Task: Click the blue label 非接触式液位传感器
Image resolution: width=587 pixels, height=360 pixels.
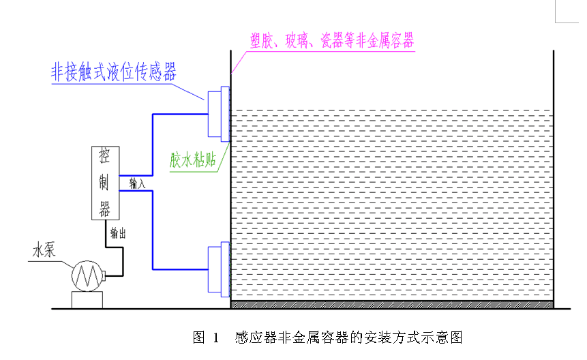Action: [114, 72]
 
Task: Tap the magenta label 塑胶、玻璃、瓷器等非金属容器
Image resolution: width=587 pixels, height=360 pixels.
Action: [331, 41]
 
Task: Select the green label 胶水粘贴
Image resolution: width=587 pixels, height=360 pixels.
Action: [193, 161]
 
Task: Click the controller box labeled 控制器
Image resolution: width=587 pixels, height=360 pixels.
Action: [105, 183]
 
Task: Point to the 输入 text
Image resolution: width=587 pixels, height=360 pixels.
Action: [137, 183]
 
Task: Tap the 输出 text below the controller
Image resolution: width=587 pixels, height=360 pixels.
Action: [118, 232]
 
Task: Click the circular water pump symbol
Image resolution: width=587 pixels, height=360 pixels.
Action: [87, 275]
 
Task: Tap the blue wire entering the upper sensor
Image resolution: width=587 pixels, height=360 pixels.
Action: [179, 115]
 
